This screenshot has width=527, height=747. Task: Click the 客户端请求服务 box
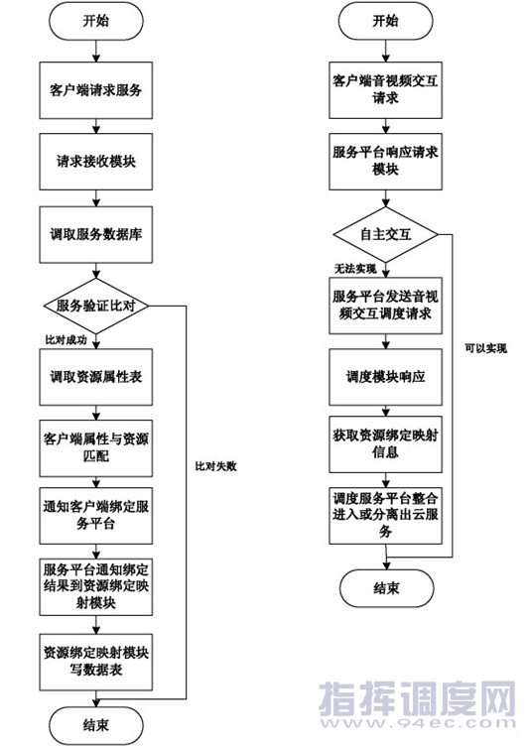click(96, 90)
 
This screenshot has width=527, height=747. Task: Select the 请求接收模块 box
click(96, 162)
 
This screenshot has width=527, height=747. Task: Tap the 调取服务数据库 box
click(96, 234)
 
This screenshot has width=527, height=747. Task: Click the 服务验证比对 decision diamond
click(96, 306)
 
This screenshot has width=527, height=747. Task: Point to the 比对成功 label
click(66, 340)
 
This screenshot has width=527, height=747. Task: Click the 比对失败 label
click(215, 466)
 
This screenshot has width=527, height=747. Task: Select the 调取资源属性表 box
click(96, 377)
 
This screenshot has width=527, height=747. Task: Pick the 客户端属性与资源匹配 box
click(96, 448)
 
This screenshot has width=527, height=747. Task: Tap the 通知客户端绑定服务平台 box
click(96, 516)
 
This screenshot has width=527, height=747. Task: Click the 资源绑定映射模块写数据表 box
click(96, 663)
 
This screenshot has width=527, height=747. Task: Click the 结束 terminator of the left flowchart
click(96, 725)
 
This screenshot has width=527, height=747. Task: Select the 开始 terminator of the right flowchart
click(385, 21)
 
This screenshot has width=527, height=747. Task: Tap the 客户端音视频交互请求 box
click(385, 90)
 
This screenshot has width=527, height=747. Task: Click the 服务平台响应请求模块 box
click(385, 162)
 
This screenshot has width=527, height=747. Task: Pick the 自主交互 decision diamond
click(385, 234)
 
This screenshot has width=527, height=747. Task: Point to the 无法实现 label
click(355, 269)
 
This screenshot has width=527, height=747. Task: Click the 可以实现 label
click(486, 349)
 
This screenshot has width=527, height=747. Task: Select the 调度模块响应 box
click(385, 377)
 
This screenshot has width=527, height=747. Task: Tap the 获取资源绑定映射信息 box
click(385, 444)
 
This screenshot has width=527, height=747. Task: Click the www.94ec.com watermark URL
click(418, 723)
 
